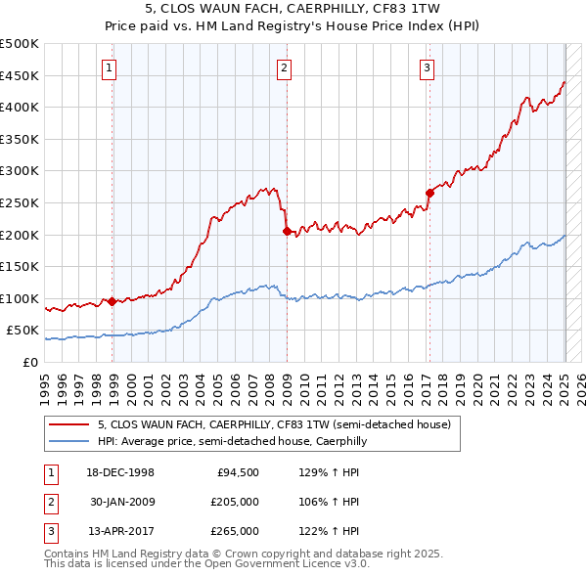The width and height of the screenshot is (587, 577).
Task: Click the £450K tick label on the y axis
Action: point(20,75)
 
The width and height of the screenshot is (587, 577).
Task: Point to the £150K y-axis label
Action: point(20,266)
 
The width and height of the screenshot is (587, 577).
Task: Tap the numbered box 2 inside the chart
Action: point(283,67)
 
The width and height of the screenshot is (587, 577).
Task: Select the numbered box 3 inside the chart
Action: point(428,67)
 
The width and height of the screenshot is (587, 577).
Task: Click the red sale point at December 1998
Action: point(113,301)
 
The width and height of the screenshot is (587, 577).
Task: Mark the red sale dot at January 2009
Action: point(287,232)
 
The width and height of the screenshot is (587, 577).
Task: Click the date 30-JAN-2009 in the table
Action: point(122,502)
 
